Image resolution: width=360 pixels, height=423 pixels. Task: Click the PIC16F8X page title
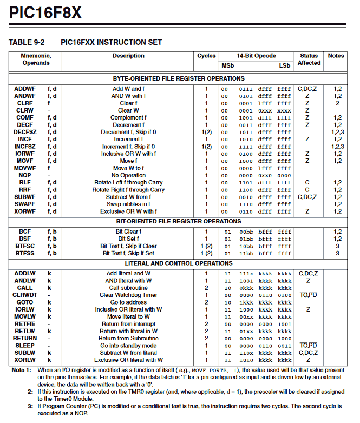coord(45,12)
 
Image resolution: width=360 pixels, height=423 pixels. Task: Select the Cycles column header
coord(206,56)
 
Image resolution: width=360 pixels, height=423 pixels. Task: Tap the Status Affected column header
coord(309,59)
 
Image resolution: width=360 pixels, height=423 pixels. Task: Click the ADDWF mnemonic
coord(25,89)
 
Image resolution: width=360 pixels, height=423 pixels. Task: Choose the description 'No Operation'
coord(129,175)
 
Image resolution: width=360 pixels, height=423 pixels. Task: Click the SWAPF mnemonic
coord(25,204)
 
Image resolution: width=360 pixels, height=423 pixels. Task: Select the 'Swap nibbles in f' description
coord(129,204)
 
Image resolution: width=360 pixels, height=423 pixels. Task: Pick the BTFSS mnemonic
coord(25,253)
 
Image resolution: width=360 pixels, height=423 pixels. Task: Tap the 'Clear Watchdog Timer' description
coord(129,295)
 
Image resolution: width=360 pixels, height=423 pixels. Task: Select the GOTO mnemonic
coord(25,302)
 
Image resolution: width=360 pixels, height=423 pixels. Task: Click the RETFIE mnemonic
coord(25,324)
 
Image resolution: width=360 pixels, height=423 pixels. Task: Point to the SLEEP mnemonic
coord(25,346)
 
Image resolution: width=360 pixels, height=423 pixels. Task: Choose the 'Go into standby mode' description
coord(129,346)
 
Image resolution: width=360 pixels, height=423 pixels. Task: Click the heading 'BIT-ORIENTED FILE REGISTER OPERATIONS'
coord(179,221)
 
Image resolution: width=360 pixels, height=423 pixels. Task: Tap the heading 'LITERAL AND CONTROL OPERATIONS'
coord(179,264)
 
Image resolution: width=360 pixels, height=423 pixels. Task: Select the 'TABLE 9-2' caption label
coord(26,42)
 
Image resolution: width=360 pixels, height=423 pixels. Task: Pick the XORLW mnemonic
coord(25,360)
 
